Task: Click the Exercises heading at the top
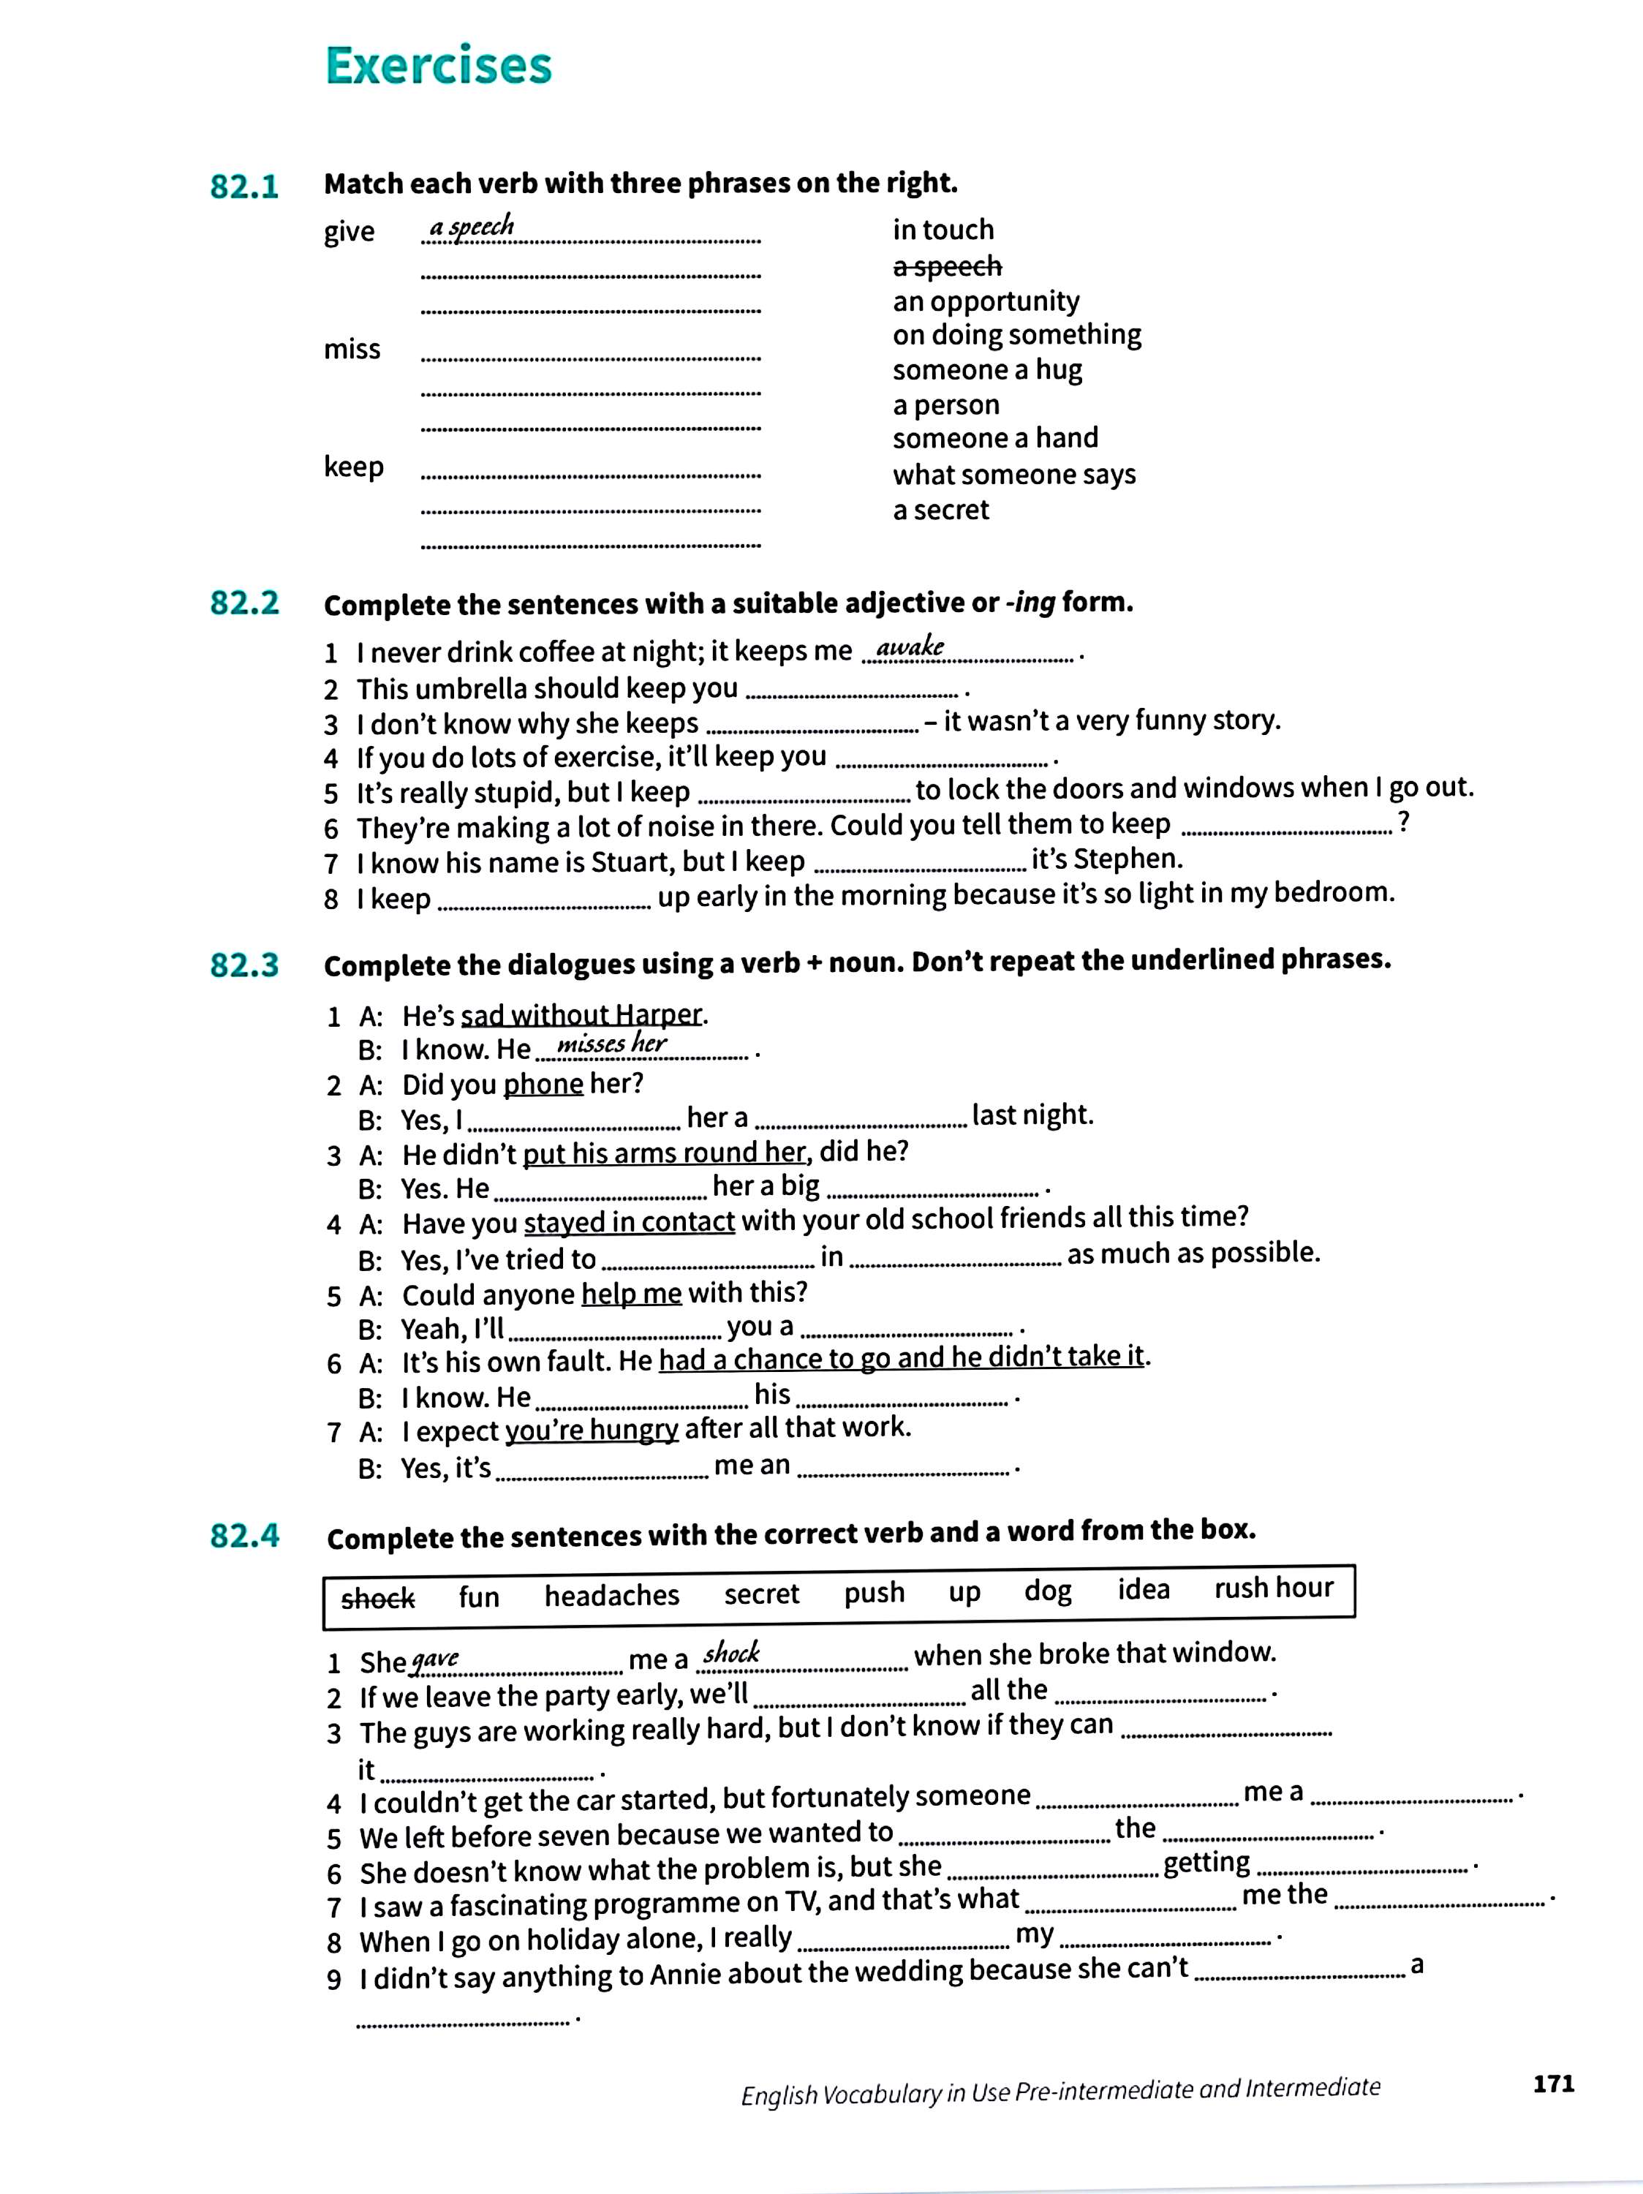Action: tap(437, 67)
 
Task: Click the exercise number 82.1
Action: tap(244, 186)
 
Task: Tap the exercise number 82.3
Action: tap(244, 965)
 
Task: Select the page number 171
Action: tap(1553, 2083)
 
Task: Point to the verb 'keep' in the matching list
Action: tap(353, 466)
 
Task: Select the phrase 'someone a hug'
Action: tap(986, 370)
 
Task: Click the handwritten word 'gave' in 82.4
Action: tap(435, 1659)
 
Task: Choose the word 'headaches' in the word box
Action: tap(612, 1596)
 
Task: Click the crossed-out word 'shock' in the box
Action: tap(378, 1598)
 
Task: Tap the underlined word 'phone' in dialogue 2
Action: tap(543, 1084)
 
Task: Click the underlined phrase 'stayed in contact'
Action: tap(629, 1221)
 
